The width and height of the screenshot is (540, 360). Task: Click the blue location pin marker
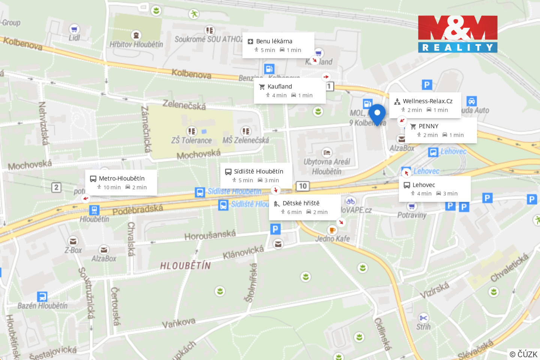point(377,113)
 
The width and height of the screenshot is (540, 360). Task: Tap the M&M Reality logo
point(457,34)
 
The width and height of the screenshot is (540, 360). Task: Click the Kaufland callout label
point(289,91)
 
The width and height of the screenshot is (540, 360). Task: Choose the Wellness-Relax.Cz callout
point(425,105)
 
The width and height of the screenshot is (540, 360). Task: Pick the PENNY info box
point(441,130)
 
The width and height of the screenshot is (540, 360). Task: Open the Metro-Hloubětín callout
point(121,183)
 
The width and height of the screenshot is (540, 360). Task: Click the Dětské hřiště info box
point(304,207)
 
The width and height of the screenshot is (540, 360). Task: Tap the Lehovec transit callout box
point(434,189)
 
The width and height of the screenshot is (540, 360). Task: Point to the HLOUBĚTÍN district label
point(185,266)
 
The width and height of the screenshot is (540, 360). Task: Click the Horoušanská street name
point(210,235)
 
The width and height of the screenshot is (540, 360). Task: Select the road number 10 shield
point(303,186)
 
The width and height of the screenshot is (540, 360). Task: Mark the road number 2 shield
point(56,187)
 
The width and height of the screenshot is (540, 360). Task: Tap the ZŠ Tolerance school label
point(191,141)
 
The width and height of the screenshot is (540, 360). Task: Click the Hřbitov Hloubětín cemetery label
point(136,44)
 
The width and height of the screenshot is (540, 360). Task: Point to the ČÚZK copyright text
point(523,354)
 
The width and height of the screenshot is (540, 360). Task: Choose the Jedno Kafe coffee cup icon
point(332,229)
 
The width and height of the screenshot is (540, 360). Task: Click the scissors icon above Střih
point(423,318)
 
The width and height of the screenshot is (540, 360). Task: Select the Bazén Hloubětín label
point(42,306)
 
